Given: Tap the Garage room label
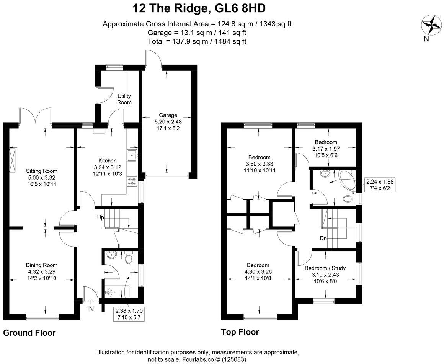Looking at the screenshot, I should [x=168, y=115].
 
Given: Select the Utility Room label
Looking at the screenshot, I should [x=124, y=99].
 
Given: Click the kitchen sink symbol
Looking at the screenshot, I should [x=133, y=154].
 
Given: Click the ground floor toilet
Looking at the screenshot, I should [x=129, y=258].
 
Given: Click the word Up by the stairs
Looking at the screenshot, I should [x=101, y=217].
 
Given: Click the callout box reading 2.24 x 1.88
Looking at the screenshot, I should [x=379, y=185].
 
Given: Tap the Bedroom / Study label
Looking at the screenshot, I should [x=324, y=268].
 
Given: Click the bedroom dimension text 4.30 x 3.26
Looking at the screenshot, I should [x=258, y=272].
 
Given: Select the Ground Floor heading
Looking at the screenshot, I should [x=29, y=333].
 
